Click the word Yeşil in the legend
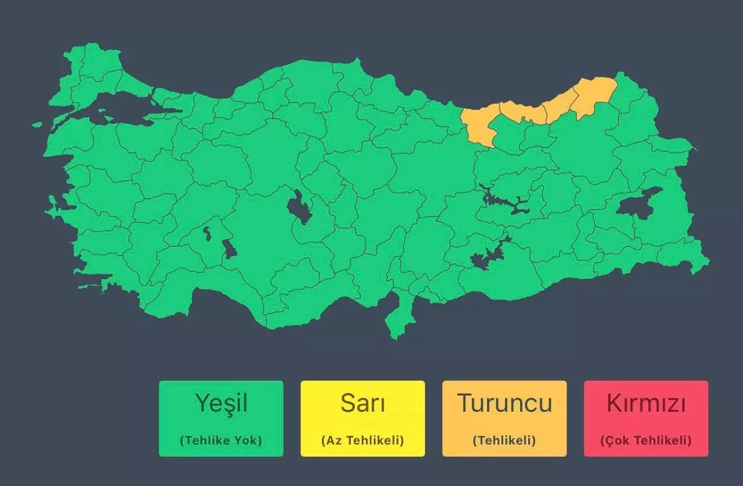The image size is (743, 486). pos(221,404)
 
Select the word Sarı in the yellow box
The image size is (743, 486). pos(363,404)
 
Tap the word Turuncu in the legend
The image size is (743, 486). pos(504,403)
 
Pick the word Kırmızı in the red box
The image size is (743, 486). pos(646,404)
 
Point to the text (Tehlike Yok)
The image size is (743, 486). pos(221,441)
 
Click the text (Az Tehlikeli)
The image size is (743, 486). pos(363,441)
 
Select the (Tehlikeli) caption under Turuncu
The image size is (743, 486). pos(504,441)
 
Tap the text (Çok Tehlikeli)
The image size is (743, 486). pos(646,441)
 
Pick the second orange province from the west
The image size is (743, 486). pos(522,112)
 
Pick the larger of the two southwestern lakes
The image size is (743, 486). pos(230,249)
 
